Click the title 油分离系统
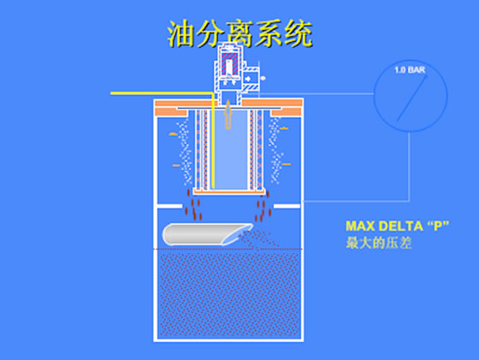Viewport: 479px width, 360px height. (x=240, y=33)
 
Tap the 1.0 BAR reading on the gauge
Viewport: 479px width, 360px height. (x=410, y=70)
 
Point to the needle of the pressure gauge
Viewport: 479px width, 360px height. (x=411, y=98)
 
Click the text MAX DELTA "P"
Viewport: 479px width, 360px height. (x=397, y=226)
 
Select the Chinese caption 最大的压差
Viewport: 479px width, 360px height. (x=378, y=243)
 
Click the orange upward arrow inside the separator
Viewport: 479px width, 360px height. (x=228, y=115)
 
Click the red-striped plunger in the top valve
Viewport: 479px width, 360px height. (x=230, y=64)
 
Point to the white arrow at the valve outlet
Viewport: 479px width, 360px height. (x=248, y=79)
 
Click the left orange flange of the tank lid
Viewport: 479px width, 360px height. (x=172, y=108)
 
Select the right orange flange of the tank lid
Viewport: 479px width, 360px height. (x=287, y=108)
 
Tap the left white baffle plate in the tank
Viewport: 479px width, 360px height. (x=169, y=206)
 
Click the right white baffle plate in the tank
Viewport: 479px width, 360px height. (x=287, y=206)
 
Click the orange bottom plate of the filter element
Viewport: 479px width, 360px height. (x=229, y=192)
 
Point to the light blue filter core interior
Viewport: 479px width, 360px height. (x=231, y=150)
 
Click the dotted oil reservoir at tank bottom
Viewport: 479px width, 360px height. (x=229, y=294)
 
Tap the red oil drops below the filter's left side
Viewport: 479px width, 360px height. (x=193, y=204)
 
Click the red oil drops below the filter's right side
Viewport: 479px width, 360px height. (x=263, y=206)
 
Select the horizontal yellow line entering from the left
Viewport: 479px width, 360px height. (x=162, y=93)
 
